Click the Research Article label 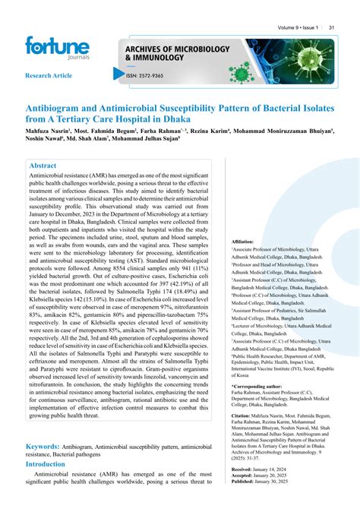click(x=49, y=77)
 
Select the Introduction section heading click(x=56, y=463)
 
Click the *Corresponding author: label click(x=256, y=386)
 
